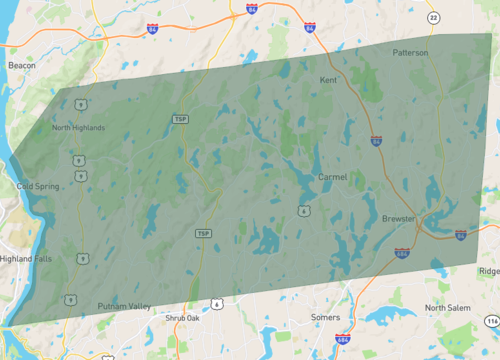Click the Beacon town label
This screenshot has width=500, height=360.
(x=22, y=65)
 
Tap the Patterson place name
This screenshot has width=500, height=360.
(x=410, y=52)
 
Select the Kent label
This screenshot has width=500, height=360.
(x=328, y=79)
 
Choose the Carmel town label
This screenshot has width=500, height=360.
(x=332, y=177)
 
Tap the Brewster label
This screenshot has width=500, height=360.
(x=398, y=218)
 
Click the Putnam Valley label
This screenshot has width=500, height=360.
(x=124, y=306)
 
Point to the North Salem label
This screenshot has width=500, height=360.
(x=447, y=307)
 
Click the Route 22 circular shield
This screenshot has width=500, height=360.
(x=433, y=17)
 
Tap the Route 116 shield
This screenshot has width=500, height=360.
(x=491, y=320)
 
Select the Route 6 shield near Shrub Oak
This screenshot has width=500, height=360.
(x=215, y=301)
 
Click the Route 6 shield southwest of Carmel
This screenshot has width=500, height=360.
(x=301, y=209)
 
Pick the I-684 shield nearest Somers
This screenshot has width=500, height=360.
(x=342, y=340)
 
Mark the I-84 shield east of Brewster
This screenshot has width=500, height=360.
(x=460, y=235)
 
